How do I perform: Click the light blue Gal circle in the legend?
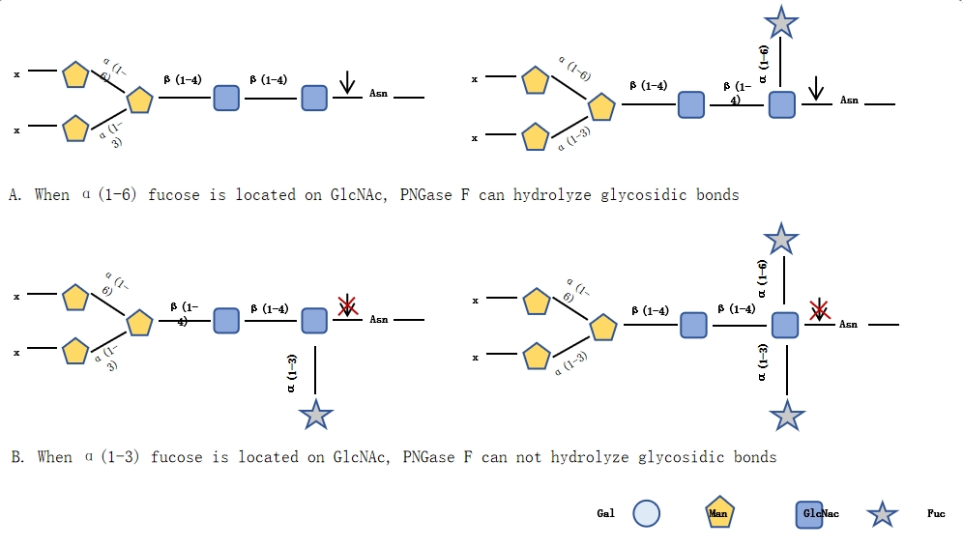646,514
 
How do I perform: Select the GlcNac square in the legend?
810,514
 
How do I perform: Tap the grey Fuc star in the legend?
882,514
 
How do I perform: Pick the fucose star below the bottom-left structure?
316,416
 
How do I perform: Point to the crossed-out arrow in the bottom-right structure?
819,310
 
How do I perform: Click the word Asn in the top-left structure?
378,95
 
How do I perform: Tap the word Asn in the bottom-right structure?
848,325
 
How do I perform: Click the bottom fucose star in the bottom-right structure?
786,417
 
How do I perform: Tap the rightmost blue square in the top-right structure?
781,104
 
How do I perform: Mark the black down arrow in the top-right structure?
816,88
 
